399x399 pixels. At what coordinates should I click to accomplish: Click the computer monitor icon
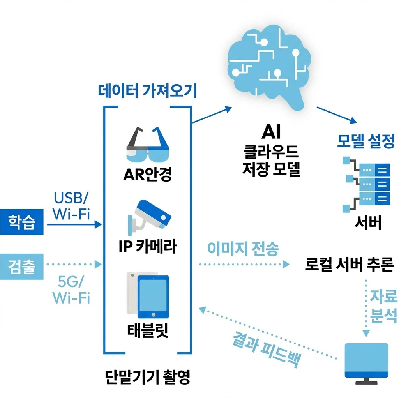[x=367, y=360]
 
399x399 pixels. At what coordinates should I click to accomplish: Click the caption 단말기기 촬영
[x=148, y=377]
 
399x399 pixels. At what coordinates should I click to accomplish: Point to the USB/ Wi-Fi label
[x=71, y=205]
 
